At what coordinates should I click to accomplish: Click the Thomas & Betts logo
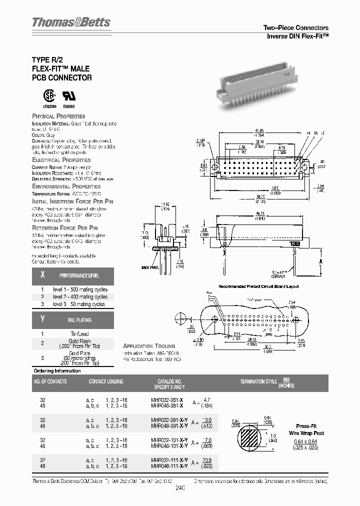(71, 22)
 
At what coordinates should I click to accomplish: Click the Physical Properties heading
(58, 116)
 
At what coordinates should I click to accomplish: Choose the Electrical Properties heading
(61, 159)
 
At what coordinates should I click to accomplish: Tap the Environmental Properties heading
(66, 186)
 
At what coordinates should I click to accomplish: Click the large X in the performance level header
(42, 275)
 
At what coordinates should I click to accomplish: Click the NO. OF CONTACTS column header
(50, 381)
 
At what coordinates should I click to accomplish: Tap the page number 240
(180, 491)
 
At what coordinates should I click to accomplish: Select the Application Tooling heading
(149, 346)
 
